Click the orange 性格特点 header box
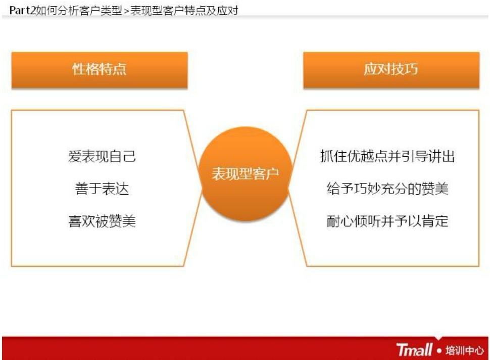[x=99, y=69]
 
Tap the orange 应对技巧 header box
[x=390, y=69]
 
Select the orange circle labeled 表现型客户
[x=245, y=174]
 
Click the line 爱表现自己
[x=102, y=156]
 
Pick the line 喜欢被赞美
[x=102, y=221]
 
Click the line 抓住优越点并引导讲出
[x=387, y=156]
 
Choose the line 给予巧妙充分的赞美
[x=387, y=189]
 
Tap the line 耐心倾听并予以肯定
[x=387, y=221]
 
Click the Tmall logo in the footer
[x=414, y=349]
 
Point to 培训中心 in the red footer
[x=464, y=350]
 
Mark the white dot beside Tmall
[x=439, y=350]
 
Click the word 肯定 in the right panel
[x=435, y=221]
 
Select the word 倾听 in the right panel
[x=367, y=221]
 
